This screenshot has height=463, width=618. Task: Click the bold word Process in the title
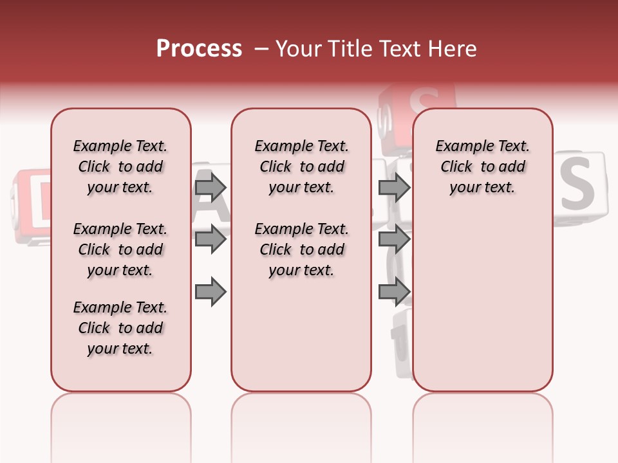click(199, 49)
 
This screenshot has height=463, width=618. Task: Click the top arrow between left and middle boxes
click(211, 188)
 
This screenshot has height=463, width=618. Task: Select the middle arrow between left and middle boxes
click(211, 239)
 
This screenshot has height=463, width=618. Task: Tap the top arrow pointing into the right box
click(394, 188)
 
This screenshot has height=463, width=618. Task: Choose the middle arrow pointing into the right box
click(394, 239)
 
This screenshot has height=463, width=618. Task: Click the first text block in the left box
click(120, 167)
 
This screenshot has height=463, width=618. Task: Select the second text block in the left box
click(120, 250)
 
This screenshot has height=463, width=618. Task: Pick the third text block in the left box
click(120, 328)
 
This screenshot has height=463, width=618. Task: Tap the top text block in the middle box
click(301, 167)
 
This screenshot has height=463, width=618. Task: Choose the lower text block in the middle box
click(301, 250)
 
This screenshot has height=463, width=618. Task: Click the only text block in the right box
click(482, 167)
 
